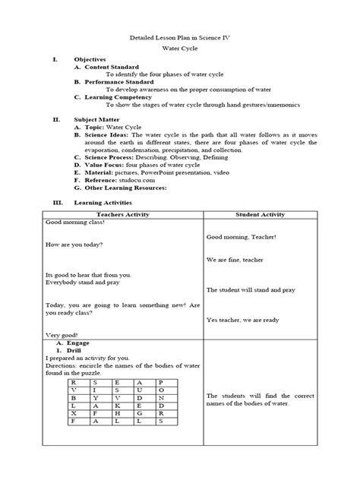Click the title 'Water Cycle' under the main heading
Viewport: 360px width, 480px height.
point(180,47)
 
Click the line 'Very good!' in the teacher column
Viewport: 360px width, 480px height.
point(62,334)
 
